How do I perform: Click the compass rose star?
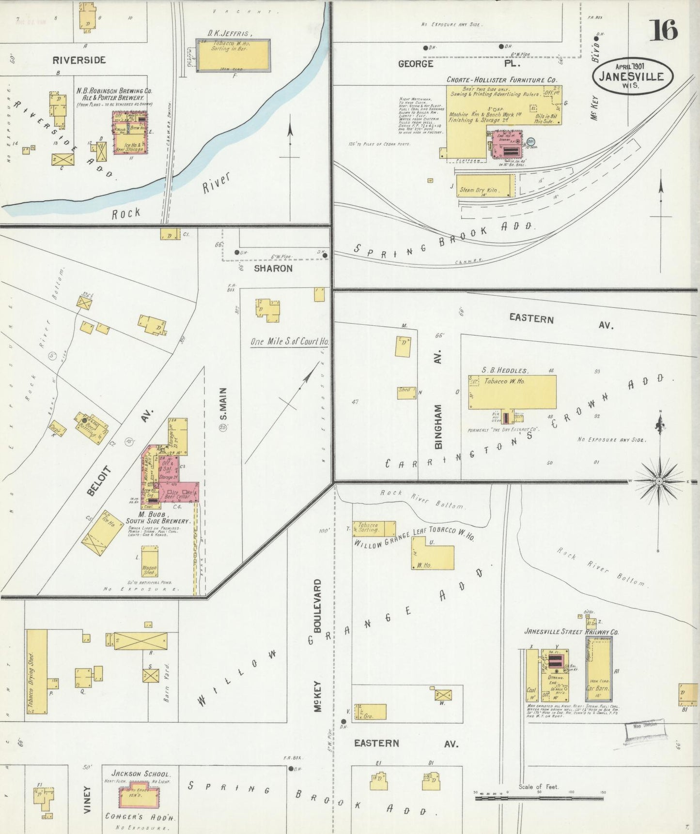(659, 481)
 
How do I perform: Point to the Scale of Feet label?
(538, 787)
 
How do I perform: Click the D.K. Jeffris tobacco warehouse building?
(233, 55)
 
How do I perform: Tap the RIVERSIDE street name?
(79, 60)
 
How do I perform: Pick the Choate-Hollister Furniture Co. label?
(501, 79)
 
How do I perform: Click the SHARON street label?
(273, 268)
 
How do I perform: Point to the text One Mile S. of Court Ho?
(289, 342)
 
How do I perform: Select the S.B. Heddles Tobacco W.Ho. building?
(512, 392)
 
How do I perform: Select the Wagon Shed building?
(149, 561)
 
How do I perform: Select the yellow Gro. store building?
(371, 712)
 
